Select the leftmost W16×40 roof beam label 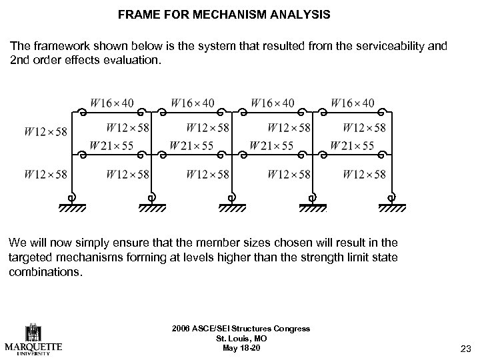[x=111, y=103]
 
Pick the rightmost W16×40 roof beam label [x=353, y=103]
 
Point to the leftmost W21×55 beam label [x=111, y=145]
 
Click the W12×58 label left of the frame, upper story [x=45, y=132]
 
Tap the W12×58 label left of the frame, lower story [x=45, y=175]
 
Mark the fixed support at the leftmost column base [x=72, y=203]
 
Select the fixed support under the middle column [x=231, y=203]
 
